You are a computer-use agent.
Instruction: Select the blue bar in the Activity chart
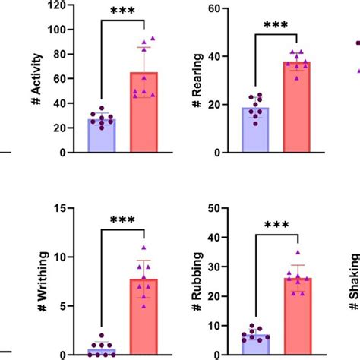102,136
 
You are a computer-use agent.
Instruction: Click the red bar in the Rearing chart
297,107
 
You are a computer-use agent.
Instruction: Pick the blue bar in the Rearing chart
255,130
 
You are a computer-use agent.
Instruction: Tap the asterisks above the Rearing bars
276,25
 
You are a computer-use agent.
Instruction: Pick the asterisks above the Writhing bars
122,220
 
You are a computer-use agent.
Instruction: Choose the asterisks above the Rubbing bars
276,226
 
